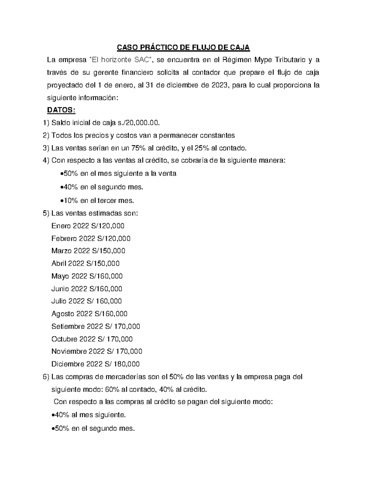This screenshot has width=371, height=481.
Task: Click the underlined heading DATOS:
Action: coord(61,111)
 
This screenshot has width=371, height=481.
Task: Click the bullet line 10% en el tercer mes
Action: coord(96,200)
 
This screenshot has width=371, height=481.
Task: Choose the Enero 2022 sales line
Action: coord(88,226)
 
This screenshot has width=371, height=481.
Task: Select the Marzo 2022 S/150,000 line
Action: coord(88,251)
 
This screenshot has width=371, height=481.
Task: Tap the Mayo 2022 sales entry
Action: coord(87,276)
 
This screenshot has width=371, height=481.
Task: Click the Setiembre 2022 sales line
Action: coord(96,326)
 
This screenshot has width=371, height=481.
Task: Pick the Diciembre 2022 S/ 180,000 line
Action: coord(95,364)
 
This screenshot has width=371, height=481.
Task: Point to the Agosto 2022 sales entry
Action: coord(89,314)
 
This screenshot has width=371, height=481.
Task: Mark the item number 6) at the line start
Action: coord(46,377)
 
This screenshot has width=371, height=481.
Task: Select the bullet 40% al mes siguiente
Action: coord(88,415)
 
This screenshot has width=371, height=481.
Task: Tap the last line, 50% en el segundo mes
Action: coord(92,429)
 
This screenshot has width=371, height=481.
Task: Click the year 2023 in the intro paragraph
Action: coord(219,85)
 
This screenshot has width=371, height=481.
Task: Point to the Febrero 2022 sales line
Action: coord(91,238)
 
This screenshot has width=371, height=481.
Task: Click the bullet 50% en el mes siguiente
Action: coord(117,173)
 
